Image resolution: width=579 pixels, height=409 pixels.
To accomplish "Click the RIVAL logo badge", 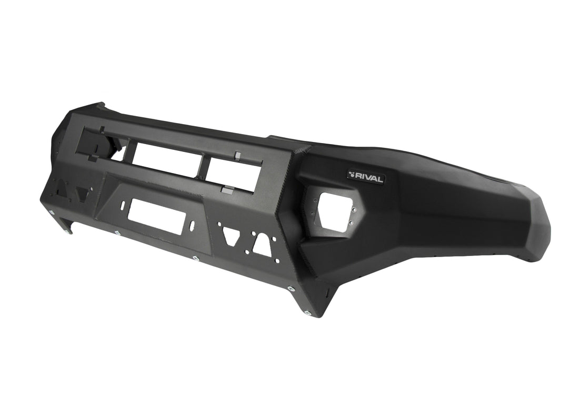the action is coord(366,177).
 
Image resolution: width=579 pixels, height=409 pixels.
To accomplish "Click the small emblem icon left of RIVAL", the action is coord(352,173).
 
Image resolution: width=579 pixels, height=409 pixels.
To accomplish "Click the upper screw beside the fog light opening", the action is coord(354,210).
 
